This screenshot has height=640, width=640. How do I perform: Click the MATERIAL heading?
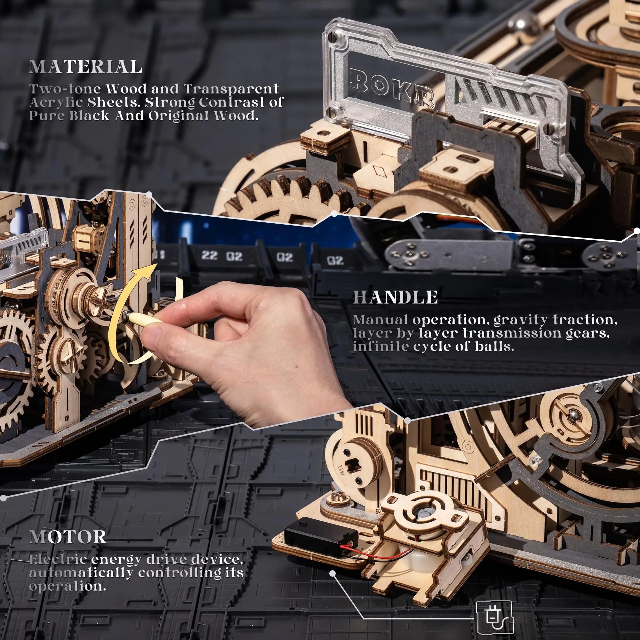tap(85, 67)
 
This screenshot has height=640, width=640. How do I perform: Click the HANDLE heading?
tap(395, 298)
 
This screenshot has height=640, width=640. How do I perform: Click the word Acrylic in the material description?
tap(56, 103)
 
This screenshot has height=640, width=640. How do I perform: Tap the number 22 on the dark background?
tap(209, 255)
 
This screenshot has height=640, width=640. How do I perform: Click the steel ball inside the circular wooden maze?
tap(573, 413)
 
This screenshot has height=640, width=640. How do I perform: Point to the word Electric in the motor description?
tap(58, 559)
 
